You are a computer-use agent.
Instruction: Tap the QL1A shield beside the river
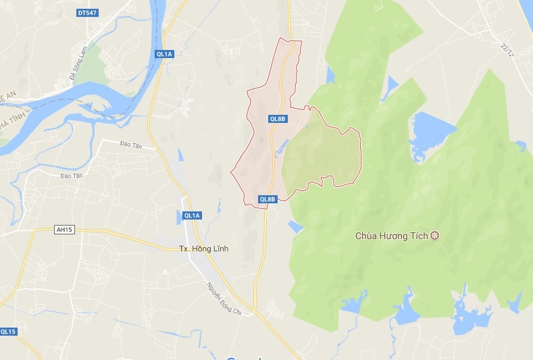pos(164,54)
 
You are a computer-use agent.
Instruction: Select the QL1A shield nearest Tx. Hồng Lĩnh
pos(192,215)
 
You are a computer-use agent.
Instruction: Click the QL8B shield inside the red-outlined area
pos(278,119)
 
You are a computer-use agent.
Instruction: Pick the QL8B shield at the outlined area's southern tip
pos(268,199)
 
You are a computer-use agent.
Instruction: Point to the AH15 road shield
pos(64,230)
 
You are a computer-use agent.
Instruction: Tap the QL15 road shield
pos(8,331)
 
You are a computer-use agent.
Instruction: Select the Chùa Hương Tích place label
pos(392,236)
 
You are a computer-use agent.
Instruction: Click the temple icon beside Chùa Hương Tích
pos(434,235)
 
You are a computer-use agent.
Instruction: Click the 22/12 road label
pos(509,49)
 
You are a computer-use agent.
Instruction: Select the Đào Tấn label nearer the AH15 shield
pos(70,176)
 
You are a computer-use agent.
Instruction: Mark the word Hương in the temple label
pos(398,236)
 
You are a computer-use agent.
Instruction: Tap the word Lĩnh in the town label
pos(220,249)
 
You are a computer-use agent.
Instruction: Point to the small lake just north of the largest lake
pos(392,84)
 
